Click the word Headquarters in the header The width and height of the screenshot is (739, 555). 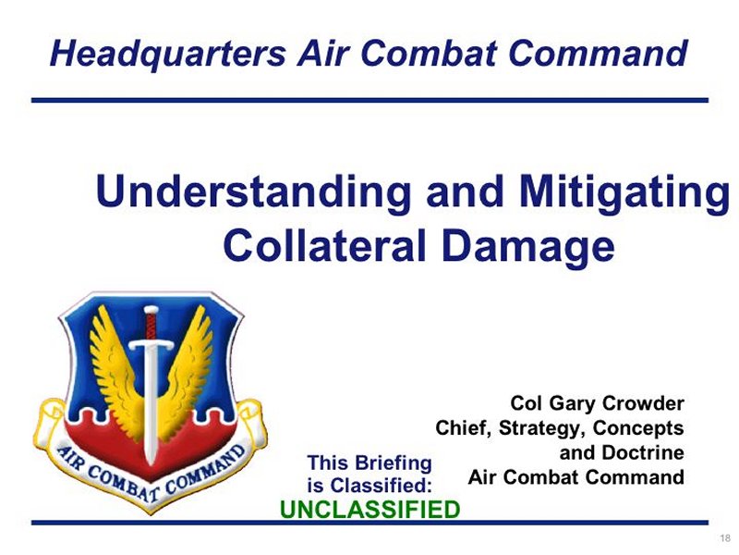(x=168, y=55)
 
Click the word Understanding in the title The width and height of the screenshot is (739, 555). (x=253, y=192)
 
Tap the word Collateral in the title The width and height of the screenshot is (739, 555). (x=325, y=245)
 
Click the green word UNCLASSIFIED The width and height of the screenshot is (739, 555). (x=370, y=510)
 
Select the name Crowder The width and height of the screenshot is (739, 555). (x=643, y=403)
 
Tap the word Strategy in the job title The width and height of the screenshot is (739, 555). (x=542, y=429)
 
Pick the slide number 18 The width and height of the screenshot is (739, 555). (x=725, y=538)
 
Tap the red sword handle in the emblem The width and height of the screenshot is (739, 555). (x=151, y=325)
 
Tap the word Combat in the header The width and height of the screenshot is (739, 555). (x=430, y=53)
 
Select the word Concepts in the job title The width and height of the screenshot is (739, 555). (x=638, y=428)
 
